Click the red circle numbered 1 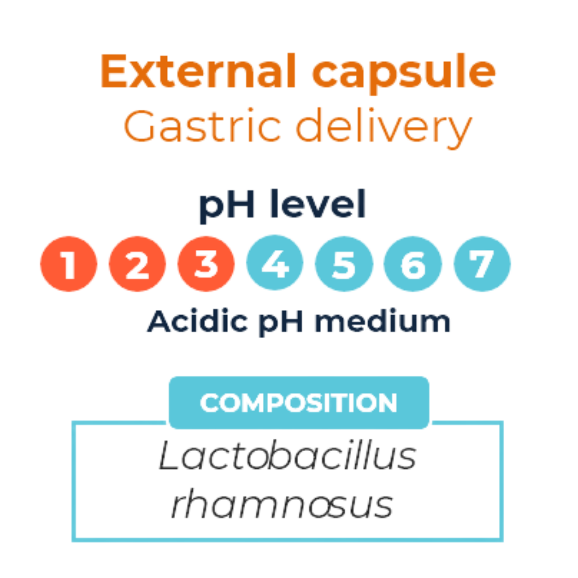[x=69, y=264]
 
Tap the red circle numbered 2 [x=137, y=264]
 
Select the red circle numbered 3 [x=206, y=264]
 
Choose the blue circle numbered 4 [x=275, y=264]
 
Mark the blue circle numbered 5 [x=344, y=264]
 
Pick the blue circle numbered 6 [x=413, y=264]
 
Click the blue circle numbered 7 [x=482, y=264]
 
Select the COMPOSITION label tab [x=299, y=402]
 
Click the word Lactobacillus [x=287, y=457]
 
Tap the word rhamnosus [x=282, y=504]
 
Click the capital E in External [x=113, y=72]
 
